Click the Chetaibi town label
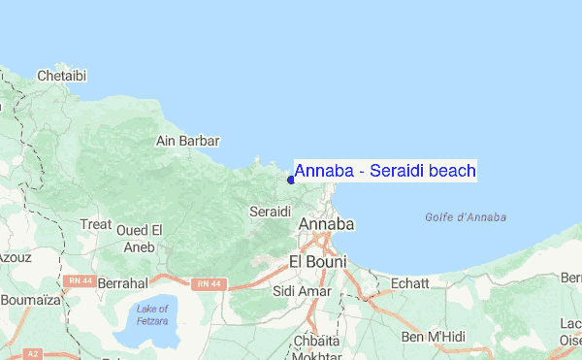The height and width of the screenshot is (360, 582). [62, 75]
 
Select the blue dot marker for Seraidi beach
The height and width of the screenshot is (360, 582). [291, 179]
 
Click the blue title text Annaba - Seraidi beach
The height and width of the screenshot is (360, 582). [385, 172]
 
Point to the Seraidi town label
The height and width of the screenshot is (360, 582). [271, 211]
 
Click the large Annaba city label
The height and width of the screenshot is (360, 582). [327, 224]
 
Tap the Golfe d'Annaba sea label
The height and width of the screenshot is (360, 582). [466, 216]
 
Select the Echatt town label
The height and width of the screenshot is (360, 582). [408, 283]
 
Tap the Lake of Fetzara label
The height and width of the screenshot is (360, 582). [152, 314]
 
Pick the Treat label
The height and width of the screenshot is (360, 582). [96, 224]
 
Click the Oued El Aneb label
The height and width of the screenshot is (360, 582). [140, 238]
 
